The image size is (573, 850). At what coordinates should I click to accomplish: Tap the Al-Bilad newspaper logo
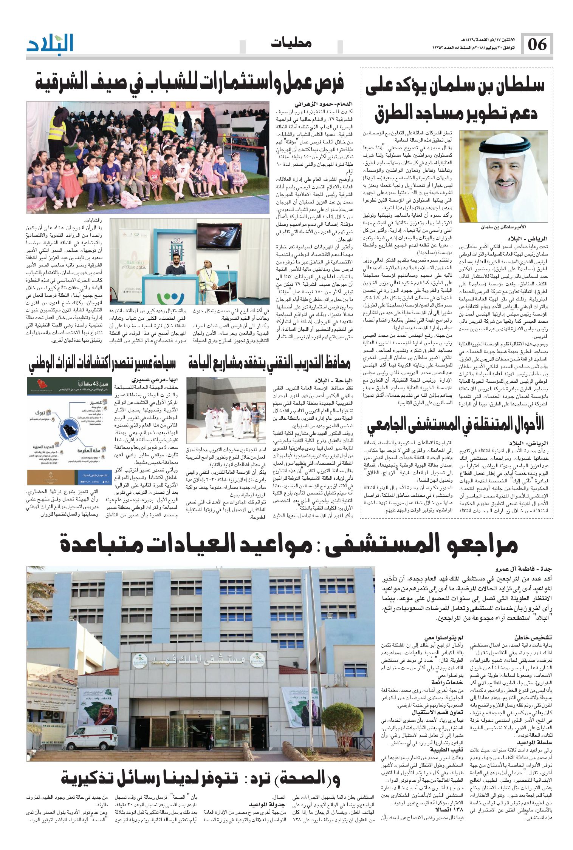pyautogui.click(x=50, y=43)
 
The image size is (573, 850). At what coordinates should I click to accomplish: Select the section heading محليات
pyautogui.click(x=291, y=43)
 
